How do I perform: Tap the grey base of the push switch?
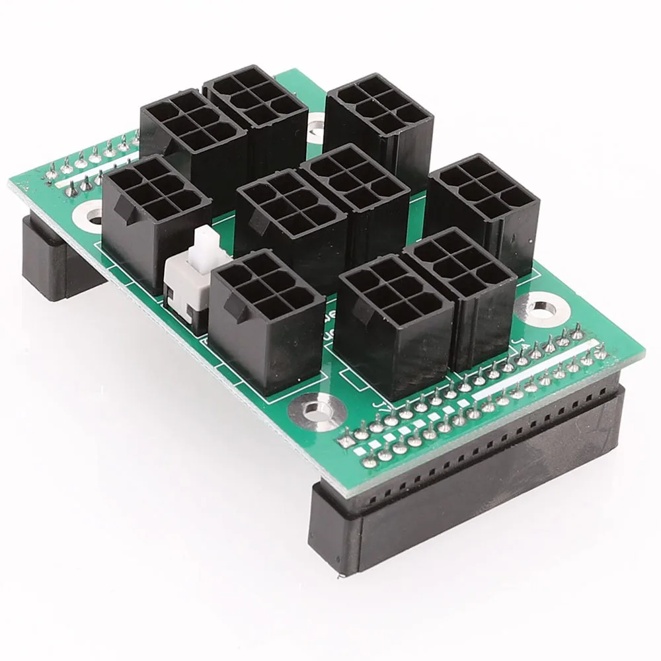pyautogui.click(x=182, y=291)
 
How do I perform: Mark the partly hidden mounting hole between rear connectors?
pyautogui.click(x=316, y=122)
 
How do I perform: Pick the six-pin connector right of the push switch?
pyautogui.click(x=268, y=317)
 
